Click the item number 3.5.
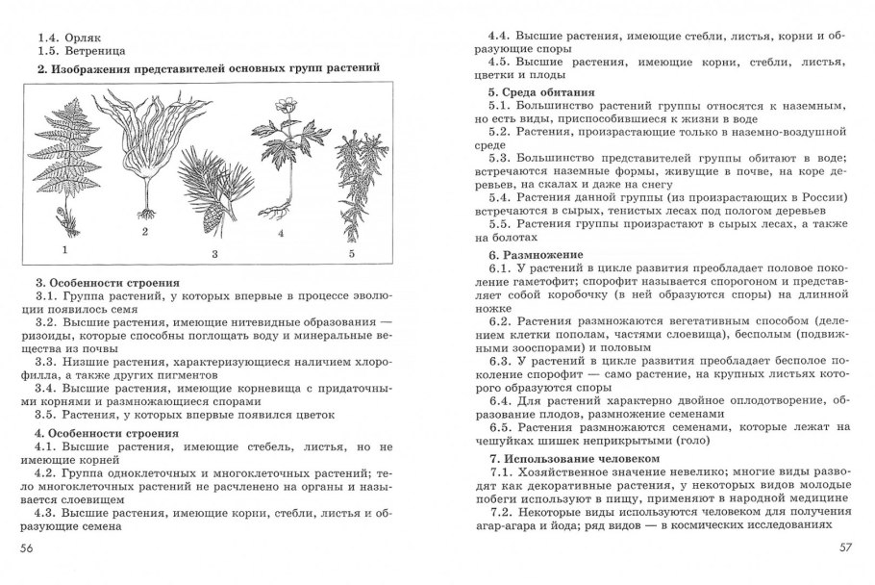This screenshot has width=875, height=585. coord(47,415)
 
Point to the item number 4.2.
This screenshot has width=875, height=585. coord(47,473)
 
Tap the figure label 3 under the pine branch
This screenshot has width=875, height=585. coord(215,254)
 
